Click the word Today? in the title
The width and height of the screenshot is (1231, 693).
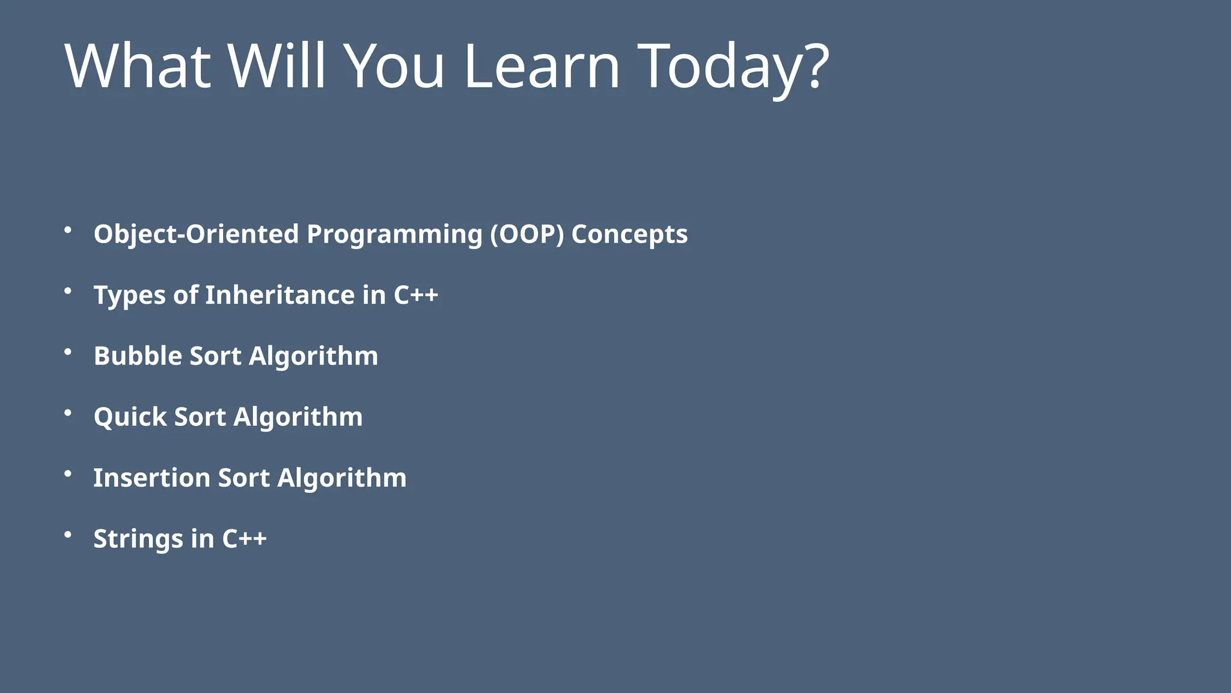click(x=733, y=66)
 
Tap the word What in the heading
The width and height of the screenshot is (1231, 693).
click(x=138, y=66)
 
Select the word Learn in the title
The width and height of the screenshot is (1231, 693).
click(x=542, y=66)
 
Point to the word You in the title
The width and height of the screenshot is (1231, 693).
click(x=394, y=66)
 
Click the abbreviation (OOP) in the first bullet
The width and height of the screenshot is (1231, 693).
click(x=527, y=234)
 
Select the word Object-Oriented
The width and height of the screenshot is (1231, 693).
click(x=196, y=234)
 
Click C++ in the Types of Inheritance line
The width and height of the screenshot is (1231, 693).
click(x=416, y=295)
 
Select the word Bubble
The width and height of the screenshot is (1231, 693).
click(x=138, y=356)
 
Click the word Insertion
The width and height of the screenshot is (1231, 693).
click(x=151, y=478)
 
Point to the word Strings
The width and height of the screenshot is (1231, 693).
click(x=138, y=539)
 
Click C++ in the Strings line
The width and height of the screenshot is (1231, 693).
click(x=244, y=538)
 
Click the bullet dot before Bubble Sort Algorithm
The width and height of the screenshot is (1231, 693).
click(x=68, y=352)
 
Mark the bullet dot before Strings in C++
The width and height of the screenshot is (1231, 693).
click(x=68, y=534)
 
